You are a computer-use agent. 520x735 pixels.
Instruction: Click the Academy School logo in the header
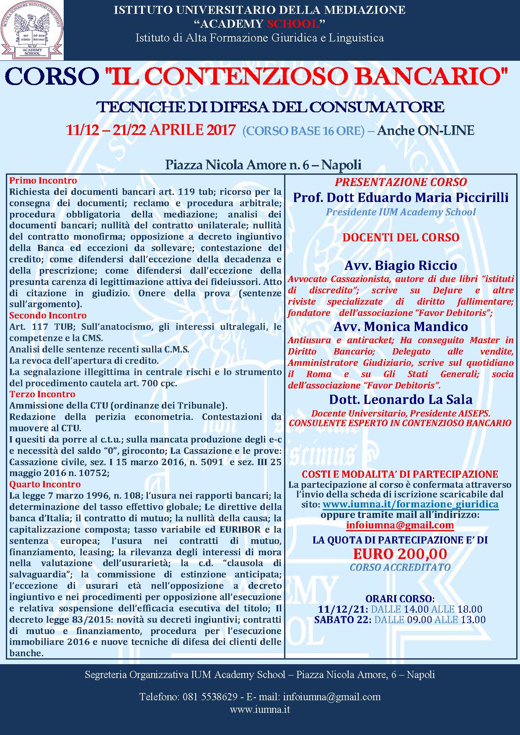pos(32,30)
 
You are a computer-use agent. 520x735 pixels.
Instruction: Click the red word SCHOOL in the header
pos(298,23)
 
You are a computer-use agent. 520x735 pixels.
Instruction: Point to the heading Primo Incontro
pos(43,181)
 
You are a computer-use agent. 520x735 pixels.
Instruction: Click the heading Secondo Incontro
pos(48,316)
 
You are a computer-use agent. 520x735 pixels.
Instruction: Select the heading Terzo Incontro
pos(42,394)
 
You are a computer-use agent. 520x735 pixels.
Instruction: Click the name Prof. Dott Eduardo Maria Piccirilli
pos(401,197)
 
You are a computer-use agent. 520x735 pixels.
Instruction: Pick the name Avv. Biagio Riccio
pos(401,265)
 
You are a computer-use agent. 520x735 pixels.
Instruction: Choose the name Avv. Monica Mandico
pos(401,326)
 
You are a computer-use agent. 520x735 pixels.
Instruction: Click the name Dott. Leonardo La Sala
pos(401,399)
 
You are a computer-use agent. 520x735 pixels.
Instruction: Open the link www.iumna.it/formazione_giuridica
pos(410,504)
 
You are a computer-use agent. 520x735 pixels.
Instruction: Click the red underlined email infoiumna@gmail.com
pos(400,525)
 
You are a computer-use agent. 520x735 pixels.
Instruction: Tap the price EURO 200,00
pos(400,554)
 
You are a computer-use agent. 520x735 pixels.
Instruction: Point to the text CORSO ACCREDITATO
pos(400,567)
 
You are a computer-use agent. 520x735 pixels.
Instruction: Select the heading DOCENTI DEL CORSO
pos(401,237)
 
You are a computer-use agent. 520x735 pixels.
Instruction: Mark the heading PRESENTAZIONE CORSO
pos(401,182)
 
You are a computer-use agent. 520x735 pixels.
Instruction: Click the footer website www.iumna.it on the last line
pos(260,710)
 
